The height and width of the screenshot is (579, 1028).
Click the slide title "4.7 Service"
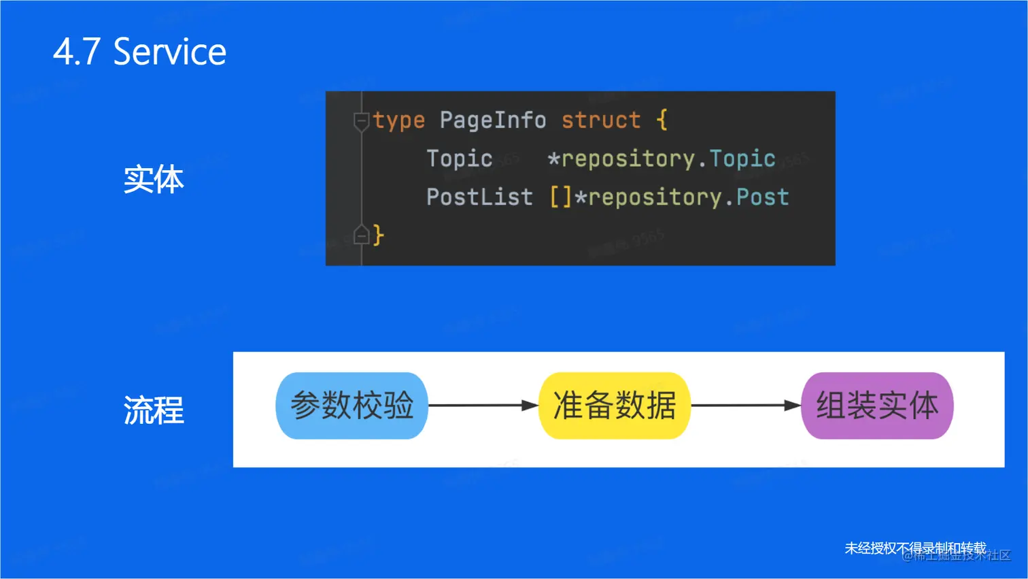(x=139, y=52)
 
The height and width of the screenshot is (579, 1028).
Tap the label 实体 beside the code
(x=154, y=180)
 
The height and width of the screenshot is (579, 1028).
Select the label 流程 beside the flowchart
(x=154, y=410)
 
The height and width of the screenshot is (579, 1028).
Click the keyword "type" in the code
(x=398, y=120)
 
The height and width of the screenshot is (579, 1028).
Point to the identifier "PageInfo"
(x=492, y=120)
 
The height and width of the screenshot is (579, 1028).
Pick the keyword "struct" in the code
(x=600, y=120)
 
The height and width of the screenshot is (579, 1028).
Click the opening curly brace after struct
(x=662, y=120)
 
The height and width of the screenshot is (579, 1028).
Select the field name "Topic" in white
(x=459, y=159)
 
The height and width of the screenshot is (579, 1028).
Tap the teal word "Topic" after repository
(x=742, y=159)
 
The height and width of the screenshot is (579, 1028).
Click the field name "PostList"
(x=479, y=197)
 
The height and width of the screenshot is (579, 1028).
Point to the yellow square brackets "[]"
(x=561, y=197)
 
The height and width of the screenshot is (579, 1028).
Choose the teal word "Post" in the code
(x=762, y=197)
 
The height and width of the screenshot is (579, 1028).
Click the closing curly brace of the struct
(x=379, y=235)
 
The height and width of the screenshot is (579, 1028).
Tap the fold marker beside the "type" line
(x=361, y=121)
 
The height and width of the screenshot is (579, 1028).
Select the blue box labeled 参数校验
(x=352, y=406)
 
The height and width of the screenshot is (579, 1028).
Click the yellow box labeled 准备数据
(x=614, y=406)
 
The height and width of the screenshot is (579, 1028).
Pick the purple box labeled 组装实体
(x=877, y=406)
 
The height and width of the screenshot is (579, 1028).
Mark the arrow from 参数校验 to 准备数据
(x=483, y=406)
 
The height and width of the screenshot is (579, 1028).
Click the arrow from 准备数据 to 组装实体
(x=746, y=406)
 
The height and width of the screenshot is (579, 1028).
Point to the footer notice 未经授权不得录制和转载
(x=915, y=548)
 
